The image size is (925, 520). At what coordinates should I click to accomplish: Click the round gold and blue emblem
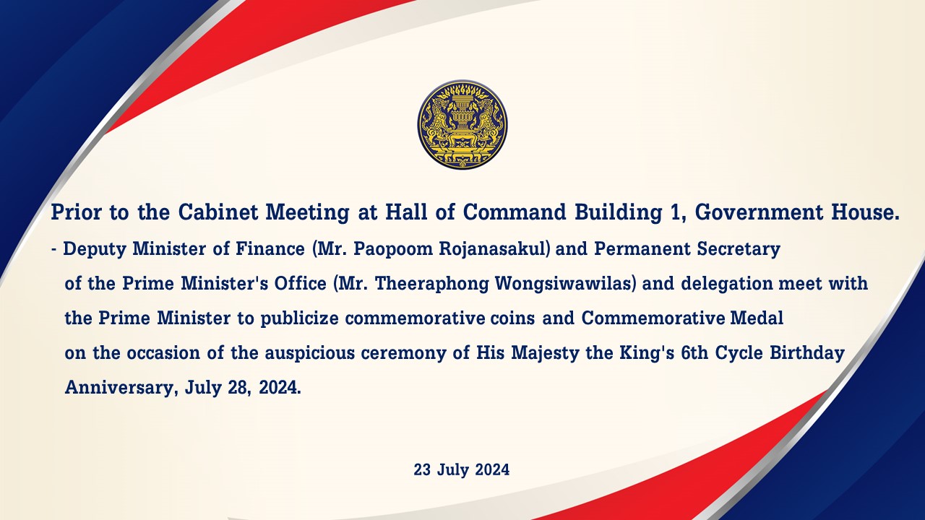(462, 125)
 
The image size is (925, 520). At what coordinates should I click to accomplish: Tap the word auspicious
(310, 353)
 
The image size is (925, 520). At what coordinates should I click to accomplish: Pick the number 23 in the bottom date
(422, 470)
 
